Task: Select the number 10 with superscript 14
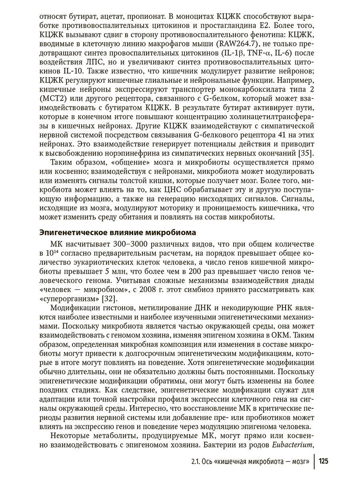[52, 254]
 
